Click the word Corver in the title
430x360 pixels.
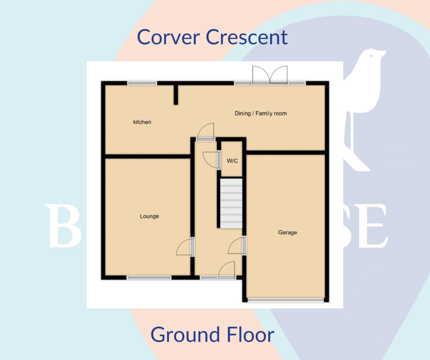(x=168, y=37)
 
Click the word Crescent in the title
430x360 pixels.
(x=247, y=37)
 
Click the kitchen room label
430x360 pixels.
(x=142, y=122)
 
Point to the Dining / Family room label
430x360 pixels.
(x=260, y=113)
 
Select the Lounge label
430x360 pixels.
(x=149, y=217)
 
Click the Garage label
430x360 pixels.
(x=287, y=232)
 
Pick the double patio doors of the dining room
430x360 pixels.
(x=270, y=76)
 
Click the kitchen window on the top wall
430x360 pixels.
(x=142, y=83)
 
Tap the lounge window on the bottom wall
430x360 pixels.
(x=149, y=277)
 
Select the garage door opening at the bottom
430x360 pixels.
(x=286, y=300)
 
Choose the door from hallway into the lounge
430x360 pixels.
(x=185, y=248)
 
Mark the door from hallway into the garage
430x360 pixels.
(x=237, y=246)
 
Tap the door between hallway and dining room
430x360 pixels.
(x=206, y=131)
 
